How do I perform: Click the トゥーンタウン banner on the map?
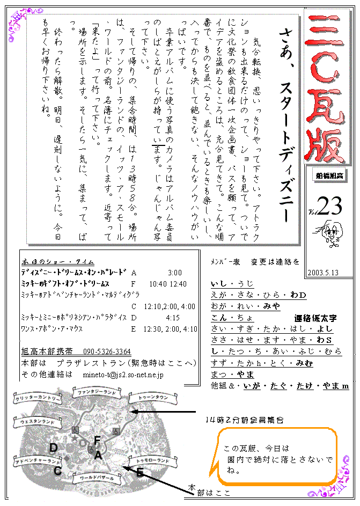coord(151,398)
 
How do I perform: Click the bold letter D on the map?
coord(53,448)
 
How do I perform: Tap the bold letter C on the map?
coord(57,471)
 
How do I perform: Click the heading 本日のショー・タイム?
coord(58,262)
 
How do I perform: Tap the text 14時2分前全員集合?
coord(244,419)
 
